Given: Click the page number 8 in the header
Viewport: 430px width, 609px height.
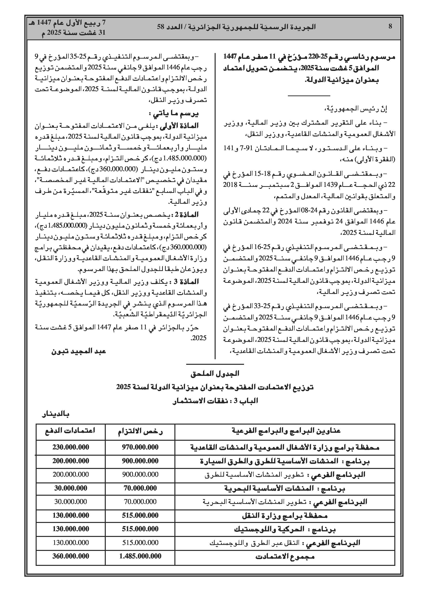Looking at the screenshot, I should click(x=390, y=27).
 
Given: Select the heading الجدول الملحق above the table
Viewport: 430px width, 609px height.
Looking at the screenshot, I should click(x=215, y=374).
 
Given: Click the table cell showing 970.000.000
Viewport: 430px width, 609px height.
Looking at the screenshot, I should click(x=140, y=447).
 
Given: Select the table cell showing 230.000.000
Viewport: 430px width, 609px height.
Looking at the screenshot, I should click(x=71, y=447).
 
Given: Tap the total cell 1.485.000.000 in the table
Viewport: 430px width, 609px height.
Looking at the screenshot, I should click(x=140, y=556).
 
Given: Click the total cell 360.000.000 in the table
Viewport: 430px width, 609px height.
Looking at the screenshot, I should click(x=71, y=556).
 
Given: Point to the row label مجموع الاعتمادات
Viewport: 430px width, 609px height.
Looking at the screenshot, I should click(x=285, y=556).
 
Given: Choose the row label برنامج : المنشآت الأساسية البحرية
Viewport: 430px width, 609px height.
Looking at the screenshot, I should click(x=285, y=488).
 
